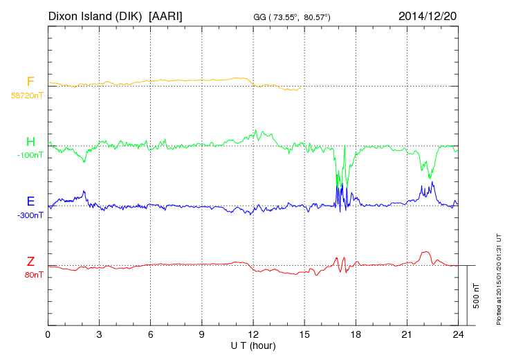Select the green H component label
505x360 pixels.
30,143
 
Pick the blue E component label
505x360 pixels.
30,202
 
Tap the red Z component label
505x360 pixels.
30,262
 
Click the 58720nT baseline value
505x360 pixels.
27,96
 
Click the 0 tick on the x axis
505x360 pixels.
48,335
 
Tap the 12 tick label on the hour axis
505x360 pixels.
253,335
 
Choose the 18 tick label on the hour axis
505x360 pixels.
356,335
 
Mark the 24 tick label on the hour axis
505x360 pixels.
458,335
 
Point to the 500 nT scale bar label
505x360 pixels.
476,295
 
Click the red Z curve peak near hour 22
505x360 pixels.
426,253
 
